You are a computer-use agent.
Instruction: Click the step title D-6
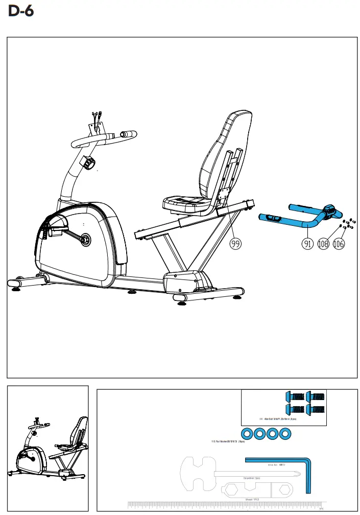21,11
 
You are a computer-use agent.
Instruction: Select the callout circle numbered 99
235,244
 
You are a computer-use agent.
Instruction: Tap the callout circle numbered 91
307,244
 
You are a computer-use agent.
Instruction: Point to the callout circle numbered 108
323,244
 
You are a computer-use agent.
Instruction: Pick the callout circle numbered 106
339,244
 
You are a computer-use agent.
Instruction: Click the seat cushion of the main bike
184,203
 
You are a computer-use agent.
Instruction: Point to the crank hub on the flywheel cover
84,238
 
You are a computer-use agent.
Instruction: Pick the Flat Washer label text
228,441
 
